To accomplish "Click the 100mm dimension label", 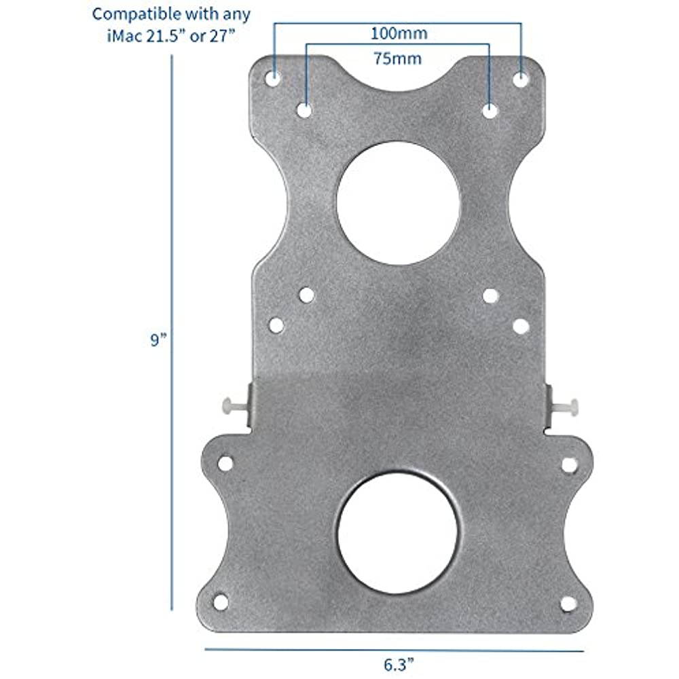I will point(399,33).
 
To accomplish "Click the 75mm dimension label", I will point(399,58).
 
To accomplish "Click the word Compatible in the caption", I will point(126,13).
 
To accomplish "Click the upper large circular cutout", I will point(399,203).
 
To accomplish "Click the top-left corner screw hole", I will point(273,78).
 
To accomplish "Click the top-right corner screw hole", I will point(521,79).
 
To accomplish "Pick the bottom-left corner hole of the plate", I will point(221,602).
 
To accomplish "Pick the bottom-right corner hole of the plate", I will point(568,603).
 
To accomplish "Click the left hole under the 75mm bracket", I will point(305,109).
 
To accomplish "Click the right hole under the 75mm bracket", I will point(490,111).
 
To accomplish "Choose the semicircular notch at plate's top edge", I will point(399,75).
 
